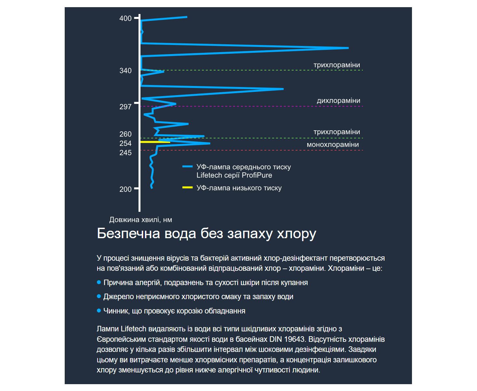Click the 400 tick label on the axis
(x=125, y=19)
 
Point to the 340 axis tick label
(x=125, y=71)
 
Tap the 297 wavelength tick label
(x=125, y=107)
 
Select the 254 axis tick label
(x=125, y=143)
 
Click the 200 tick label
(x=125, y=189)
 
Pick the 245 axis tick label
(x=125, y=153)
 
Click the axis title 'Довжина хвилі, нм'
(x=140, y=220)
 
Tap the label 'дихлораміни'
(x=338, y=101)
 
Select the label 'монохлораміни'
(x=333, y=145)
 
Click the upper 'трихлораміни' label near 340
(x=337, y=65)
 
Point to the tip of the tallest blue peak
(x=348, y=48)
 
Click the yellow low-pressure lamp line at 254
(x=155, y=142)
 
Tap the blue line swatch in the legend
(x=188, y=167)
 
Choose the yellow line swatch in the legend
(x=188, y=188)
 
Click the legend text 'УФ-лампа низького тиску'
(x=239, y=188)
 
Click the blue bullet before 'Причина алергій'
(x=99, y=282)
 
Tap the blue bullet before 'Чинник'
(x=99, y=311)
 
